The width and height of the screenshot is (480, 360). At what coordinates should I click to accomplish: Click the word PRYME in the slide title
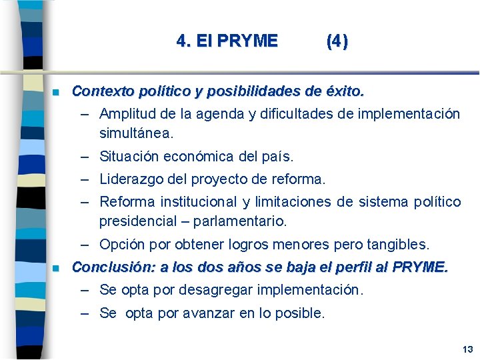pyautogui.click(x=247, y=41)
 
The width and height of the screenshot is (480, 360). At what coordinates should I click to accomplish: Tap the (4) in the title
pyautogui.click(x=337, y=41)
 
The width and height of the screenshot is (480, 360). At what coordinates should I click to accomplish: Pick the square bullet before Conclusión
pyautogui.click(x=57, y=269)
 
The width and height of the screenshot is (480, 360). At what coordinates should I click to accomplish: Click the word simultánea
pyautogui.click(x=136, y=133)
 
